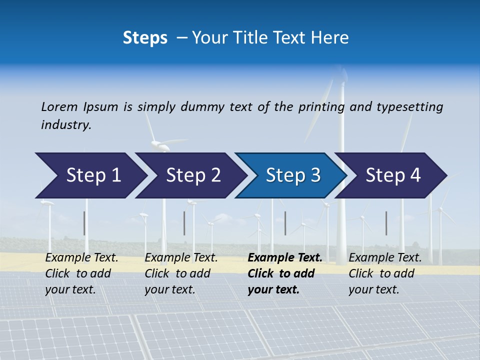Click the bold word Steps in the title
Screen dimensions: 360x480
[145, 38]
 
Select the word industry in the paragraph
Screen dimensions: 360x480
[66, 125]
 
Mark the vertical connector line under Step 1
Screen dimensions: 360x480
[84, 223]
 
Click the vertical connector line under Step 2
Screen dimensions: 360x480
[184, 223]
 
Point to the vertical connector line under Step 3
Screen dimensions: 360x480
[285, 223]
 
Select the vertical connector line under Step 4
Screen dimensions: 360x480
[386, 223]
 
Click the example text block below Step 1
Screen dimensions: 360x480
[81, 273]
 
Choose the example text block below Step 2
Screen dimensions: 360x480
[181, 273]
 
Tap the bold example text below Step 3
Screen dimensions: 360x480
[284, 273]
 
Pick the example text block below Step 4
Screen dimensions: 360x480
[385, 273]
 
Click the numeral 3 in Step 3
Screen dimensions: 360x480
[315, 175]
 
